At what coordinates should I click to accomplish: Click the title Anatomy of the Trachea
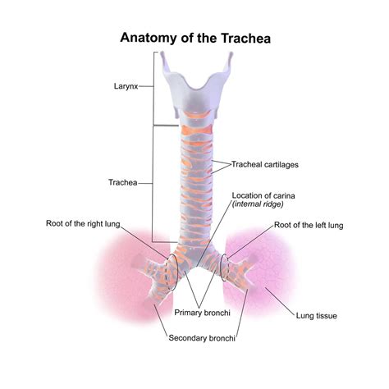(x=195, y=38)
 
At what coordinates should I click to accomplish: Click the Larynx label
(x=126, y=86)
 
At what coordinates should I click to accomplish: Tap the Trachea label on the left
(x=123, y=182)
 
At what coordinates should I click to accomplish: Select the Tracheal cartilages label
(x=265, y=164)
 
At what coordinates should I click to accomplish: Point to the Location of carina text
(x=263, y=195)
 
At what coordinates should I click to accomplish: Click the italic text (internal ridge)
(x=258, y=204)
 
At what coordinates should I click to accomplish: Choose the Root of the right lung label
(x=83, y=224)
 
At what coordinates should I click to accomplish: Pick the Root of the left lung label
(x=309, y=225)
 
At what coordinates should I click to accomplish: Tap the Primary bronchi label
(x=202, y=313)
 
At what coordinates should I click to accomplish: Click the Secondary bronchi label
(x=202, y=338)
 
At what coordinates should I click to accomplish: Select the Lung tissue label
(x=317, y=316)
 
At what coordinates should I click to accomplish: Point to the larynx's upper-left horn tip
(x=162, y=53)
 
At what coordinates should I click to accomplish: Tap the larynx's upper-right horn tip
(x=231, y=53)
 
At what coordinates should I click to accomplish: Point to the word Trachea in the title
(x=246, y=38)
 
